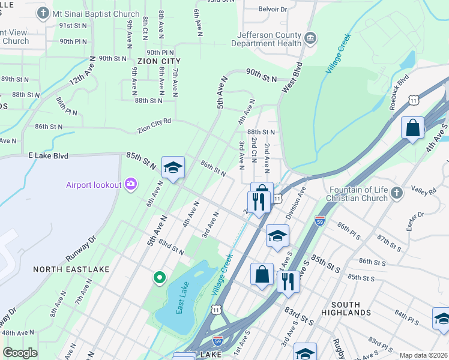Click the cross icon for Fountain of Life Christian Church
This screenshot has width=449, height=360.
(396, 193)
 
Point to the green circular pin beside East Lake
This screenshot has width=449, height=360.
(159, 278)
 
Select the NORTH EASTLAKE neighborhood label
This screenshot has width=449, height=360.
(63, 269)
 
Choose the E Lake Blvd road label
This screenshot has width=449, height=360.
(49, 155)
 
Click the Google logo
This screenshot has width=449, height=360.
(20, 353)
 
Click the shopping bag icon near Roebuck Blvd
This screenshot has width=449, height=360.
(413, 128)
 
